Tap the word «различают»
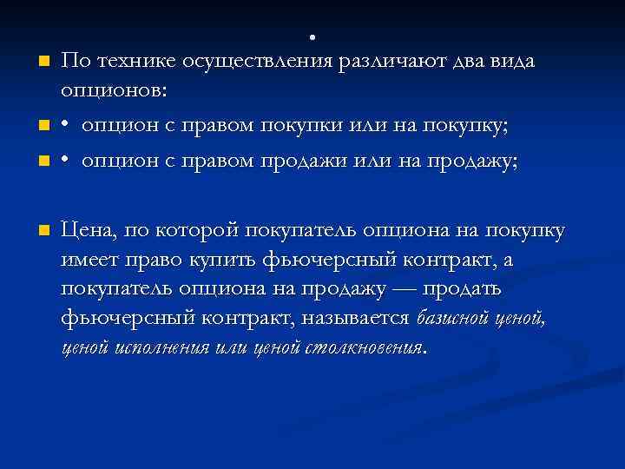(x=390, y=61)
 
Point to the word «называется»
(x=356, y=319)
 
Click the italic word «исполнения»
(x=164, y=348)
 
